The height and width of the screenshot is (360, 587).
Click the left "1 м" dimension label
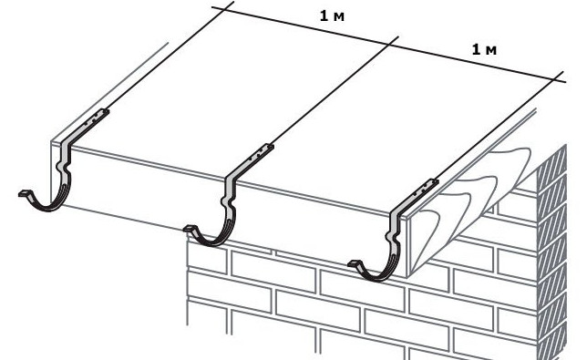click(332, 16)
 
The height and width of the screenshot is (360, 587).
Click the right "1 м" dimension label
click(484, 50)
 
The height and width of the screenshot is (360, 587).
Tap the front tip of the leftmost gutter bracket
click(23, 193)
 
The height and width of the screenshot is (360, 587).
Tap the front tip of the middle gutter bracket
click(189, 228)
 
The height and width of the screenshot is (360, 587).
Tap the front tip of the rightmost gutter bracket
click(354, 263)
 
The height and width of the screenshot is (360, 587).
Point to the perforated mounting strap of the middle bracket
click(254, 157)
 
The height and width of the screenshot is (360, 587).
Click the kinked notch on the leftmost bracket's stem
click(63, 167)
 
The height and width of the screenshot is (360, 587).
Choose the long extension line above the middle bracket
click(333, 91)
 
